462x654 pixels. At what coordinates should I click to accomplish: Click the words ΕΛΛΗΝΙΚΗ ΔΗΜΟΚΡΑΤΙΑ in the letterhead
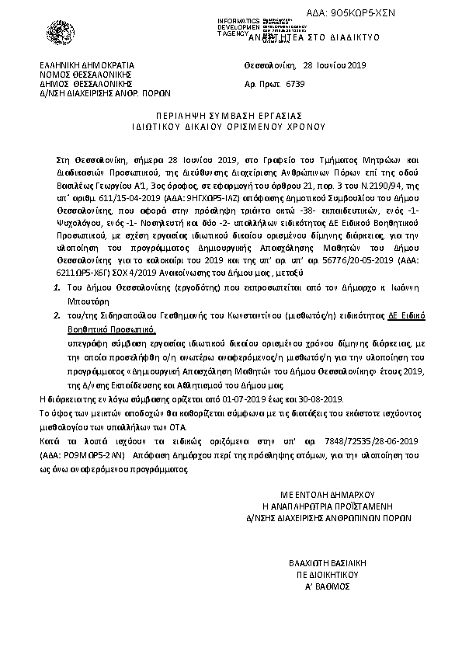pyautogui.click(x=88, y=64)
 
